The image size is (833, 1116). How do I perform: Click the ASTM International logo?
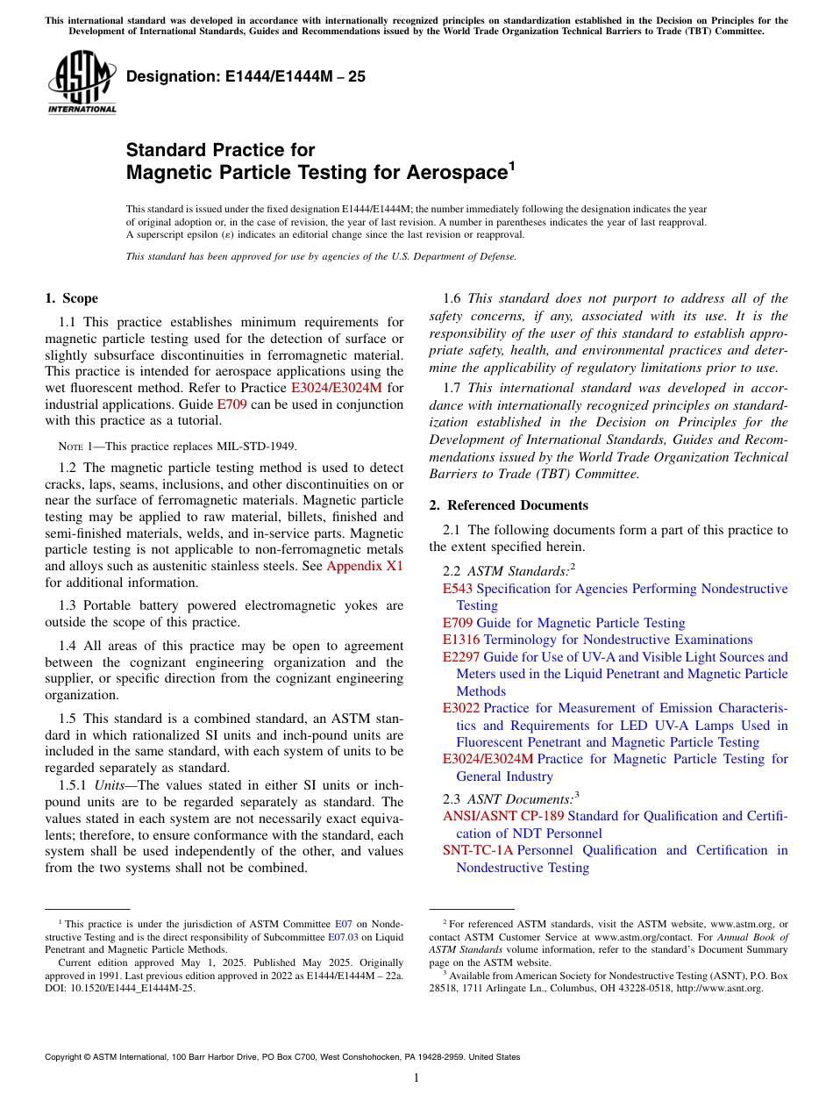(x=81, y=82)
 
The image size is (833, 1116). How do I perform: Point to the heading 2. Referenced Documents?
(x=509, y=505)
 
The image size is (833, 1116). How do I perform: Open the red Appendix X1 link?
(x=365, y=566)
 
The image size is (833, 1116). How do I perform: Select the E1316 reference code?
(x=461, y=640)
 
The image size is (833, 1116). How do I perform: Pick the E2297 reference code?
(x=461, y=657)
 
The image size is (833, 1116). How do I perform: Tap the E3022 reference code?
(x=461, y=708)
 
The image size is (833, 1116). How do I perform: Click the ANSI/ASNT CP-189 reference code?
(x=503, y=816)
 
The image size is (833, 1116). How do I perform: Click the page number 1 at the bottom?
(x=416, y=1077)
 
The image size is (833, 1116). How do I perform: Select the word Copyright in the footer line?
(x=66, y=1057)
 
